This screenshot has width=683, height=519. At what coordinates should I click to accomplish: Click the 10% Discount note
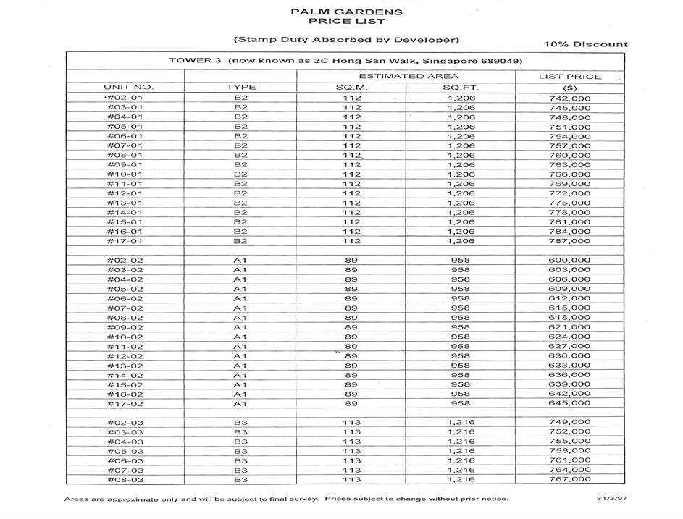[586, 44]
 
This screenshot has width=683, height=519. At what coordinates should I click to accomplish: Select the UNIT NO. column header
[128, 87]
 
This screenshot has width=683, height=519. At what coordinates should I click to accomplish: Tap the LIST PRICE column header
[569, 76]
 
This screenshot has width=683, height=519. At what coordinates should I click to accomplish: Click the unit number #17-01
[125, 241]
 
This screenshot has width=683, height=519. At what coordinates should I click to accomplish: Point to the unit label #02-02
[125, 261]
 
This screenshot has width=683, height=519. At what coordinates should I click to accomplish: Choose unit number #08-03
[125, 479]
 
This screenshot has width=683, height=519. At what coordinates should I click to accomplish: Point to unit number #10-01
[125, 174]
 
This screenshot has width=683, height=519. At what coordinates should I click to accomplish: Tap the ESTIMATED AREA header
[408, 76]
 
